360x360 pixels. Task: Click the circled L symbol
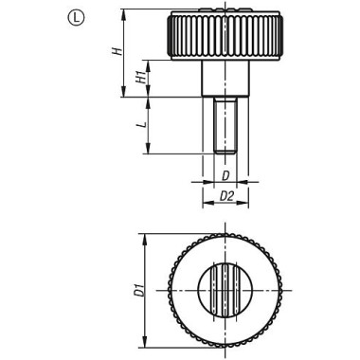pos(75,16)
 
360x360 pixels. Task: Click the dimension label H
pos(117,53)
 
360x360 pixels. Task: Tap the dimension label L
pos(139,124)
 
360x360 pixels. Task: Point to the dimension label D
pos(225,176)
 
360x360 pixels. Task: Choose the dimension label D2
pos(225,196)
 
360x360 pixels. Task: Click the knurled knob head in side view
pos(225,36)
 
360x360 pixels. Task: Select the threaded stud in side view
pos(225,124)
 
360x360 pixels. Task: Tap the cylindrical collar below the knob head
pos(225,79)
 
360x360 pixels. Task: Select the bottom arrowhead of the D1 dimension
pos(145,346)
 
